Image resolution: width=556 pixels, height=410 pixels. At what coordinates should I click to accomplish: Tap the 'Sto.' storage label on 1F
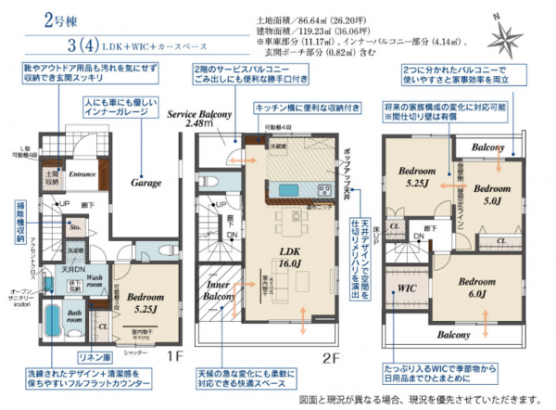74,224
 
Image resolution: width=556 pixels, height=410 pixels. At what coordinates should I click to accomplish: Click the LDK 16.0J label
287,258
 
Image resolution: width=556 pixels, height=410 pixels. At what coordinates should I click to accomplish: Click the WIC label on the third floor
405,288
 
